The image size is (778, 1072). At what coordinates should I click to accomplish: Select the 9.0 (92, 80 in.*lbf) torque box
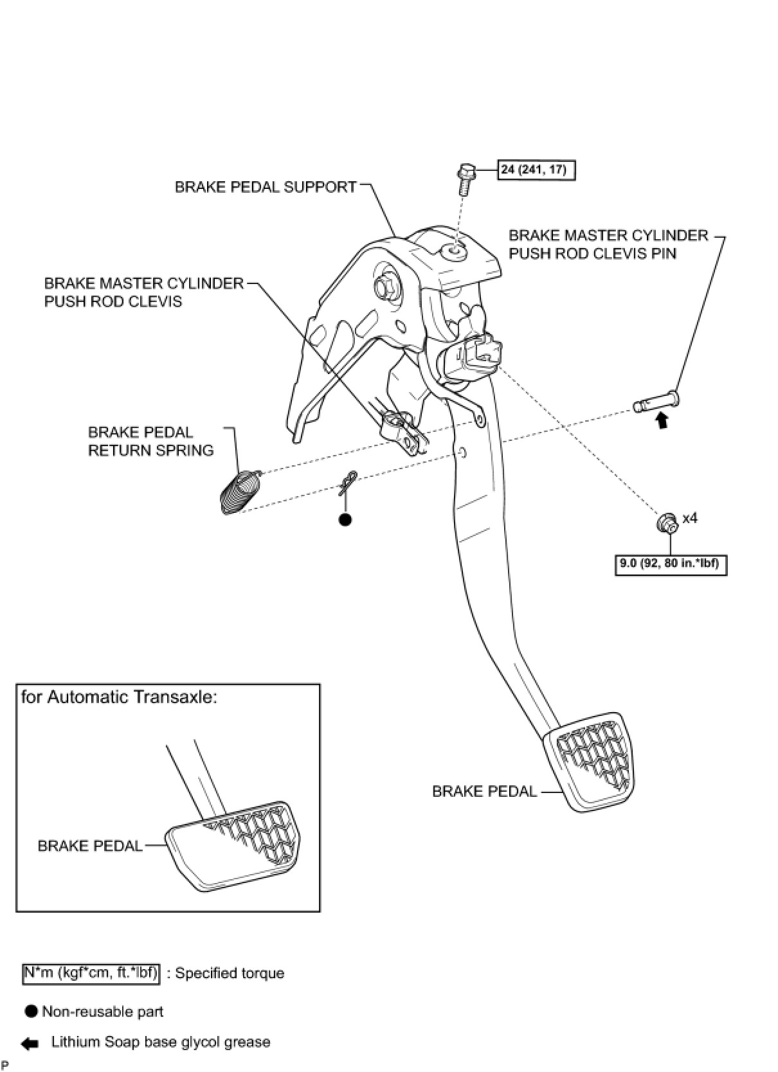click(671, 565)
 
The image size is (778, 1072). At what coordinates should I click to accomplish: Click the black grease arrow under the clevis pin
click(662, 422)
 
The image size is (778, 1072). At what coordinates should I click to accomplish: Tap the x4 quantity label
click(690, 518)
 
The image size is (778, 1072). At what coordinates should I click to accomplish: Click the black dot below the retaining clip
click(345, 519)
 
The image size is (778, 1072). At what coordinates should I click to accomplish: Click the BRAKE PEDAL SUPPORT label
click(266, 187)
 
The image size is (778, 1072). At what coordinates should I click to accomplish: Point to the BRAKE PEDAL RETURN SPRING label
click(150, 441)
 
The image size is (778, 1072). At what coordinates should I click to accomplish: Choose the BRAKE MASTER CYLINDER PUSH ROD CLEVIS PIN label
click(608, 244)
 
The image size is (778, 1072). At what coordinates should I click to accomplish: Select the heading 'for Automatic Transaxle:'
click(119, 697)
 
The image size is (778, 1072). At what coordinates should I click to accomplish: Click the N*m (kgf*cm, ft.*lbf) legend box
click(91, 972)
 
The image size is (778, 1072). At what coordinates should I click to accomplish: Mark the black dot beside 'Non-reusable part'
click(31, 1012)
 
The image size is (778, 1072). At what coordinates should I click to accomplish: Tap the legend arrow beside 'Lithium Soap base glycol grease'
click(30, 1044)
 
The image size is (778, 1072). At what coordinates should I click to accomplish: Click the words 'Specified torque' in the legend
click(230, 973)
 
